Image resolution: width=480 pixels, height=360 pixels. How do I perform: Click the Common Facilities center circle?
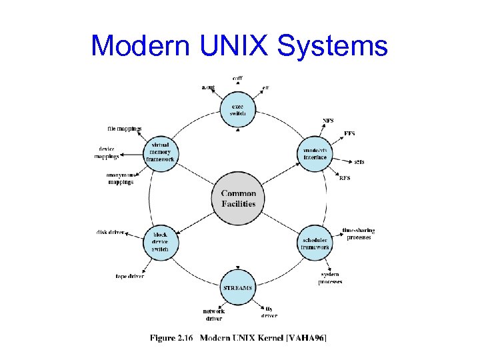(x=238, y=198)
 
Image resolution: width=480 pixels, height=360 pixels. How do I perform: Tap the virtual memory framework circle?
(x=161, y=155)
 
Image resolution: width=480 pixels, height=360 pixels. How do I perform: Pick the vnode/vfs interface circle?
(x=315, y=154)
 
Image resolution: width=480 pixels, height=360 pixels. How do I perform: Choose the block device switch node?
(x=161, y=242)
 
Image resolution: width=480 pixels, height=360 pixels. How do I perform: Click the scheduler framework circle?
(x=315, y=243)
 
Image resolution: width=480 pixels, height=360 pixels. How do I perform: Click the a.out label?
(x=208, y=87)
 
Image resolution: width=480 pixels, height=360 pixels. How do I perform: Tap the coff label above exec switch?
(x=237, y=79)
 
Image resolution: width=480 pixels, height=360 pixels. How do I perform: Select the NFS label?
(x=329, y=121)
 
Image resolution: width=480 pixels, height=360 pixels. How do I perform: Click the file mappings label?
(x=125, y=129)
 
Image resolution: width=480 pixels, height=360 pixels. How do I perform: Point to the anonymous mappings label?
(x=121, y=179)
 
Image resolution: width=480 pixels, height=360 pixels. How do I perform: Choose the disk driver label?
(x=111, y=232)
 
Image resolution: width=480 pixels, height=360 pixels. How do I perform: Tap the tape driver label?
(x=130, y=276)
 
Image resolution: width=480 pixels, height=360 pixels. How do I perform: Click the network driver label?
(x=214, y=314)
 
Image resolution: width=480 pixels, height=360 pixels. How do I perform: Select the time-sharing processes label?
(x=358, y=234)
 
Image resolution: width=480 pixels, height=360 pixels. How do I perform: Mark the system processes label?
(x=330, y=279)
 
